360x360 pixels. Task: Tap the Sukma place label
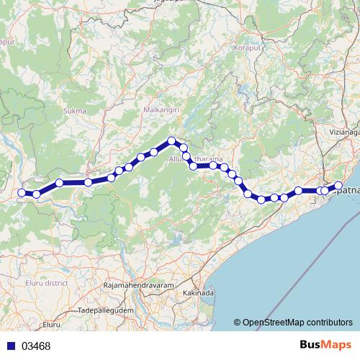tap(75, 111)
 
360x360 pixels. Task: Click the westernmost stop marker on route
tap(22, 192)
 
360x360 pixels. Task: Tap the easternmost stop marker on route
tap(338, 186)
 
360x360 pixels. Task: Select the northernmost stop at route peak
tap(171, 141)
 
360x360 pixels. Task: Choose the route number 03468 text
tap(35, 346)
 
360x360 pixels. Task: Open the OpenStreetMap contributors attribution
tap(297, 323)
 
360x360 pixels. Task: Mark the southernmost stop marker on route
tap(262, 199)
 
